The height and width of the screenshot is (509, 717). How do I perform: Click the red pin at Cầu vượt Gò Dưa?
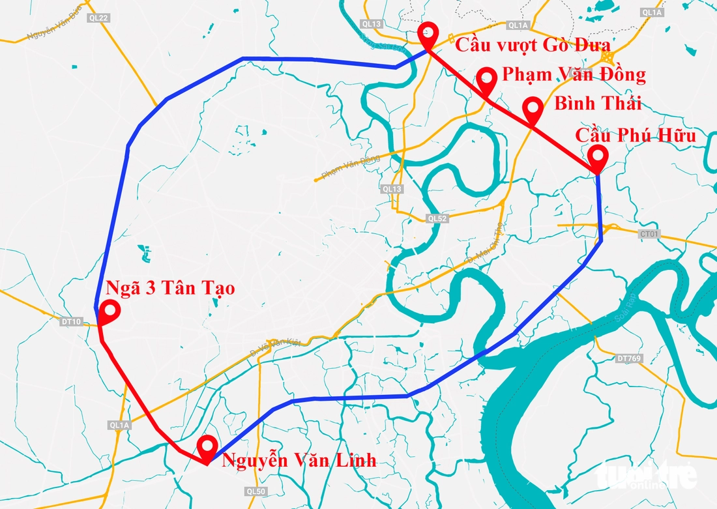(x=428, y=33)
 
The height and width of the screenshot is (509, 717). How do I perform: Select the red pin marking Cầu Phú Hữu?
(x=597, y=157)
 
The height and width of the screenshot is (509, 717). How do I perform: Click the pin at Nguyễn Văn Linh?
(x=207, y=447)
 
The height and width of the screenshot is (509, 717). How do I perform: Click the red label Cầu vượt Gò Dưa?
(x=533, y=45)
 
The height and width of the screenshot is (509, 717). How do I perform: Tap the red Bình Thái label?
(x=597, y=104)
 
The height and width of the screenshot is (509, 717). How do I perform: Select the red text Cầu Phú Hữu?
(x=636, y=136)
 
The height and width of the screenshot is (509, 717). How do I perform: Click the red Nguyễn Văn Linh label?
(x=299, y=460)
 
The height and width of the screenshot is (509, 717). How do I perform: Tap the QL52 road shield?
(x=437, y=219)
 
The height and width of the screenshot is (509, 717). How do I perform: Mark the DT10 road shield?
(x=72, y=322)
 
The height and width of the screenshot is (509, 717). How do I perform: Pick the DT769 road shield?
(x=626, y=358)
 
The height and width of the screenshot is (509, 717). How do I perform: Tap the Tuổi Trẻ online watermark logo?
(x=645, y=474)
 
